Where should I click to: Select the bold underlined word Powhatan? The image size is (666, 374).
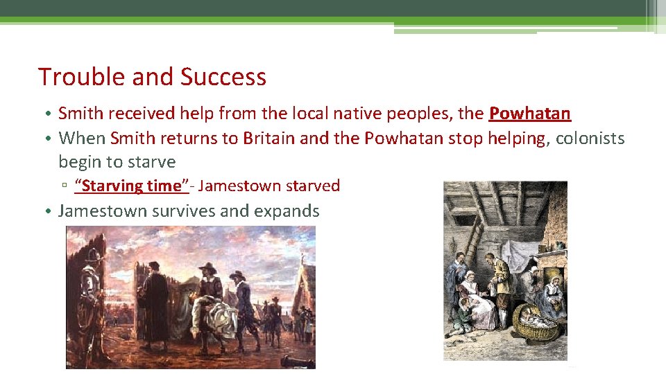530,114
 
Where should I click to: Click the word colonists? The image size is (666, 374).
590,139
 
